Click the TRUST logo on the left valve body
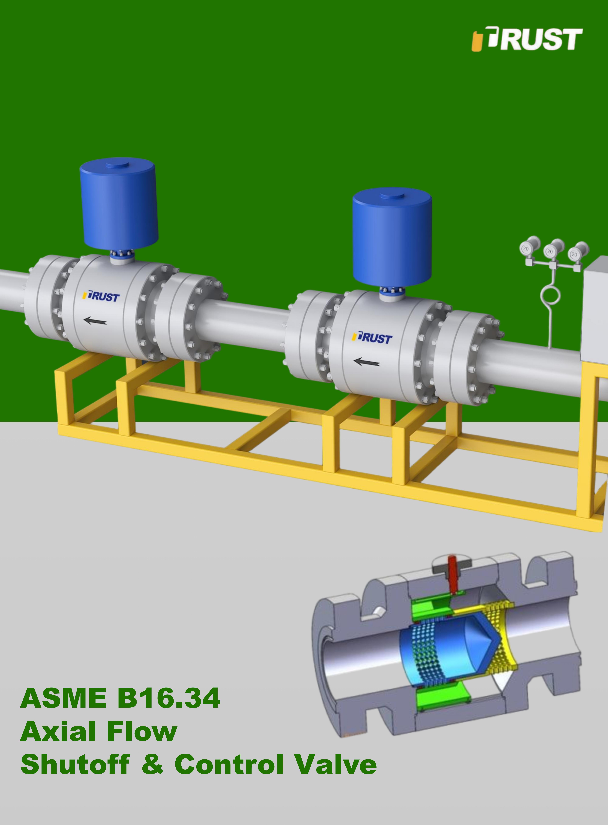102,297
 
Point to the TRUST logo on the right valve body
372,337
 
